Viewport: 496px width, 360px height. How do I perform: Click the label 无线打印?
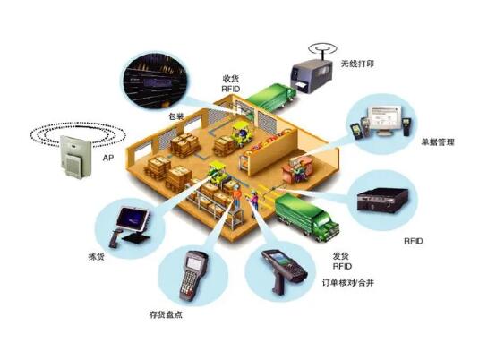357,64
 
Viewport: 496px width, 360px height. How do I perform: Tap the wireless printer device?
312,76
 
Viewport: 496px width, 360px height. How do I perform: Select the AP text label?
107,158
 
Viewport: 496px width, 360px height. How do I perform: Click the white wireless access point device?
76,157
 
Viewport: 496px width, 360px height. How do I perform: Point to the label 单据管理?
438,142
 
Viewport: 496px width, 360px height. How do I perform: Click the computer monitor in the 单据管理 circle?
385,120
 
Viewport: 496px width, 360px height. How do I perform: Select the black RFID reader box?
382,201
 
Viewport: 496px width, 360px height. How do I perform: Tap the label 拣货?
96,256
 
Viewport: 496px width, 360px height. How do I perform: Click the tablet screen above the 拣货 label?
133,218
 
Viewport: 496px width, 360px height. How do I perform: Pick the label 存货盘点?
166,314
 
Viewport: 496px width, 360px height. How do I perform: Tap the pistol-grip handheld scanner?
283,270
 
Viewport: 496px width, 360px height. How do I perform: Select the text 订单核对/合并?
348,282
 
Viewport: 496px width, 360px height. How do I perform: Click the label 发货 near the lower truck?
341,255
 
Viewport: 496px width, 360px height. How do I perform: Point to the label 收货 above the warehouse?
231,79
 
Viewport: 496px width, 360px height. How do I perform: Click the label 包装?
176,116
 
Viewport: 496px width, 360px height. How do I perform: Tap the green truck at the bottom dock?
306,217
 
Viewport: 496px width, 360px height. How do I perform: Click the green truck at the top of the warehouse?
270,97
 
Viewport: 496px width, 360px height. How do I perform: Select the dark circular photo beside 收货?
155,81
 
